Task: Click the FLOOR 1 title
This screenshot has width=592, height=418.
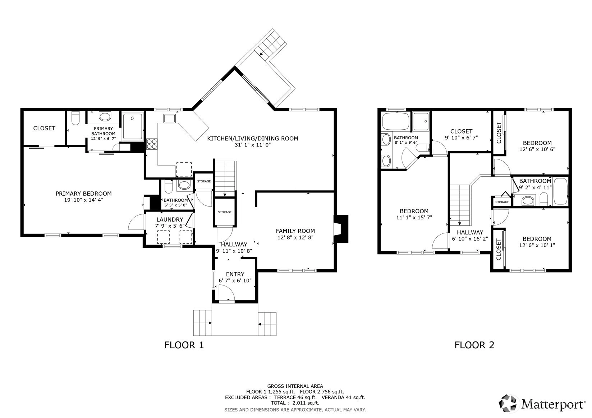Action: [184, 345]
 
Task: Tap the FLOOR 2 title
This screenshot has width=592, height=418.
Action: [474, 345]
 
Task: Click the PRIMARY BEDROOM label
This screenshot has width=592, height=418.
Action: [83, 194]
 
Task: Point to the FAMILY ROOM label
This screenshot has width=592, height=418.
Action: [295, 231]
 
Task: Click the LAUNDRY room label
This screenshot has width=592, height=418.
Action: [170, 219]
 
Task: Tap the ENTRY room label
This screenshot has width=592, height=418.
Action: [235, 274]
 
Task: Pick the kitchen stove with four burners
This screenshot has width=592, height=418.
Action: [152, 144]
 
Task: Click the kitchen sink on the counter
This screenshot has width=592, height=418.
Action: [169, 118]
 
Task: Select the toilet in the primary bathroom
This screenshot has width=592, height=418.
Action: [75, 118]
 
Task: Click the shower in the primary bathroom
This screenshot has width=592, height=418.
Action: [132, 126]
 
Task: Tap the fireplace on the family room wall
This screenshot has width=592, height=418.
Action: [341, 229]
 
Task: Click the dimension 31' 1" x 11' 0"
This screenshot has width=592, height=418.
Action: [253, 145]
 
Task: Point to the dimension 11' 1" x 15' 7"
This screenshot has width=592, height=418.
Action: [414, 217]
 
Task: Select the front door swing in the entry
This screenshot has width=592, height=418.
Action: [227, 294]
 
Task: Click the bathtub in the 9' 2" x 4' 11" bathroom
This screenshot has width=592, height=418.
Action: [560, 191]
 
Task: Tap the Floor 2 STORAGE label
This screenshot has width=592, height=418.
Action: [502, 202]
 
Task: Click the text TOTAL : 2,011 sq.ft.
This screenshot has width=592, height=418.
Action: [295, 403]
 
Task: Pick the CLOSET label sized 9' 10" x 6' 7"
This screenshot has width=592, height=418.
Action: [461, 131]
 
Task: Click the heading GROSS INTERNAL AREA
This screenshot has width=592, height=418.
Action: [295, 386]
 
